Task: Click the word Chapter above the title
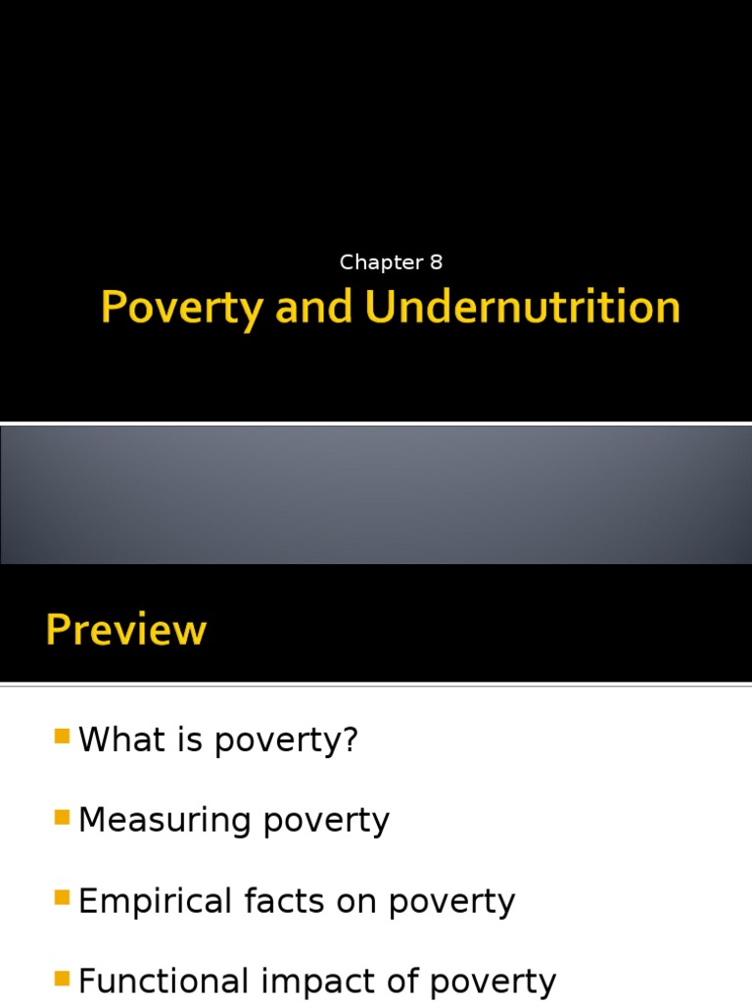381,263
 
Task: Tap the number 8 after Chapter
436,263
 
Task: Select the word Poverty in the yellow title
181,309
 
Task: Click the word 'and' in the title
313,307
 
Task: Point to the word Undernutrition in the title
523,307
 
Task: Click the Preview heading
126,630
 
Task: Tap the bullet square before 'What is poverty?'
62,737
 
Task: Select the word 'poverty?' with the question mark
286,741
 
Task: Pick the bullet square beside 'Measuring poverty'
62,818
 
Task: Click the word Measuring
164,822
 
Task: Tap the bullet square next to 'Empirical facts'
62,898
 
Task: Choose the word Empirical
155,902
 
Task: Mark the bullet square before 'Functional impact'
62,979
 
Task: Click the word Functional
164,980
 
